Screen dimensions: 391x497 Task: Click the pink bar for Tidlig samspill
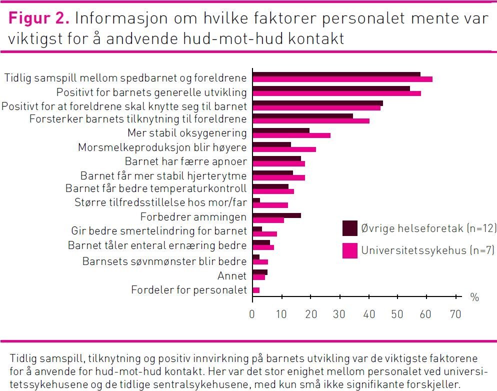(342, 79)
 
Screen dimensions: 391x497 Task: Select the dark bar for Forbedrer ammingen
(276, 215)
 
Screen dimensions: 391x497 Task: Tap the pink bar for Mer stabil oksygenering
(291, 135)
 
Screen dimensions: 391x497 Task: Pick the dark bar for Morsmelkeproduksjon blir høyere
(271, 145)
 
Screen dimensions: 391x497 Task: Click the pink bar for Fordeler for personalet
(256, 290)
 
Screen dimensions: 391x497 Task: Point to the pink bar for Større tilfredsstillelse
(270, 205)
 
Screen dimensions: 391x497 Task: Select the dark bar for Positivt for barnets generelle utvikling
(331, 88)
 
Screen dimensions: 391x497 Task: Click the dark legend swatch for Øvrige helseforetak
(349, 228)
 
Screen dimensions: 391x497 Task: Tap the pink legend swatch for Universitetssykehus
(349, 250)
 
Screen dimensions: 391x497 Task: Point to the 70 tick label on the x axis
(455, 314)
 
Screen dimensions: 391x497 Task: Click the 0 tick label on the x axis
(252, 314)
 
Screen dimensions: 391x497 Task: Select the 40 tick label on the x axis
(368, 314)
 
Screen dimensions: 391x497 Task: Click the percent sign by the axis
(474, 297)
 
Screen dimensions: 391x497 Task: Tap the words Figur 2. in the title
(39, 18)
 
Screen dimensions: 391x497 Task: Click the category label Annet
(232, 276)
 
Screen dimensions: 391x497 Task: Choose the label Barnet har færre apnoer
(185, 161)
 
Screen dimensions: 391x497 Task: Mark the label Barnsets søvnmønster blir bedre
(164, 261)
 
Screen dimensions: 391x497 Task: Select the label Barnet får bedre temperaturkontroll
(156, 188)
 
